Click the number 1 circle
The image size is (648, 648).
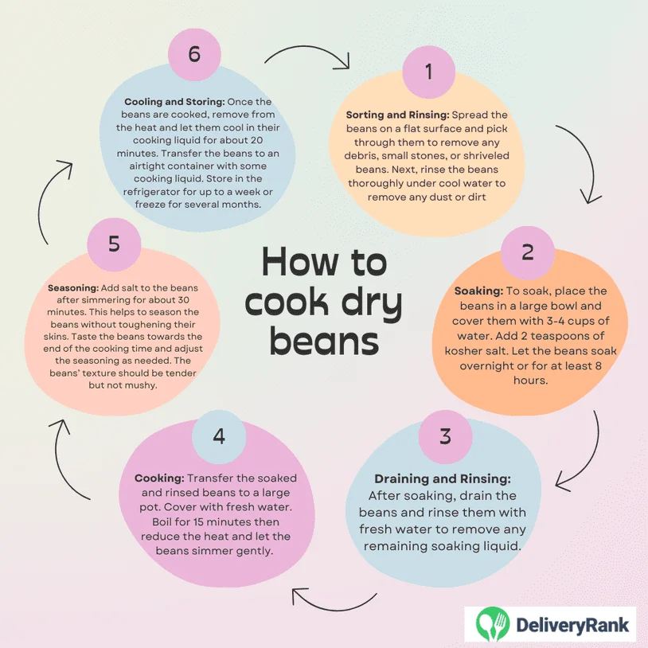coord(429,72)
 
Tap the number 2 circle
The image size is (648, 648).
coord(527,252)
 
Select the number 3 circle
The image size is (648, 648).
coord(445,436)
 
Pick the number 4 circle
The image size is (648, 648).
coord(219,436)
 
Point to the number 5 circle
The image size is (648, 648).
coord(114,244)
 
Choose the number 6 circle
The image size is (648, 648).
coord(194,54)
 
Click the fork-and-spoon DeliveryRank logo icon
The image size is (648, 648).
coord(492,623)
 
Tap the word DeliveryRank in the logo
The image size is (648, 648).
coord(572,624)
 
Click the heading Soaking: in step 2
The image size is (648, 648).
coord(478,291)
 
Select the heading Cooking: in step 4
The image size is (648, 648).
coord(159,478)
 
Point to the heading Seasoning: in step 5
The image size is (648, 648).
coord(73,288)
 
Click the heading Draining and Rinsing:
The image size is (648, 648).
coord(443,479)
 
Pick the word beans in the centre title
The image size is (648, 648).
coord(325,342)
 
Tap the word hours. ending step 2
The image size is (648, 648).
coord(531,381)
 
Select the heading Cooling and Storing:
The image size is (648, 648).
coord(174,102)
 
